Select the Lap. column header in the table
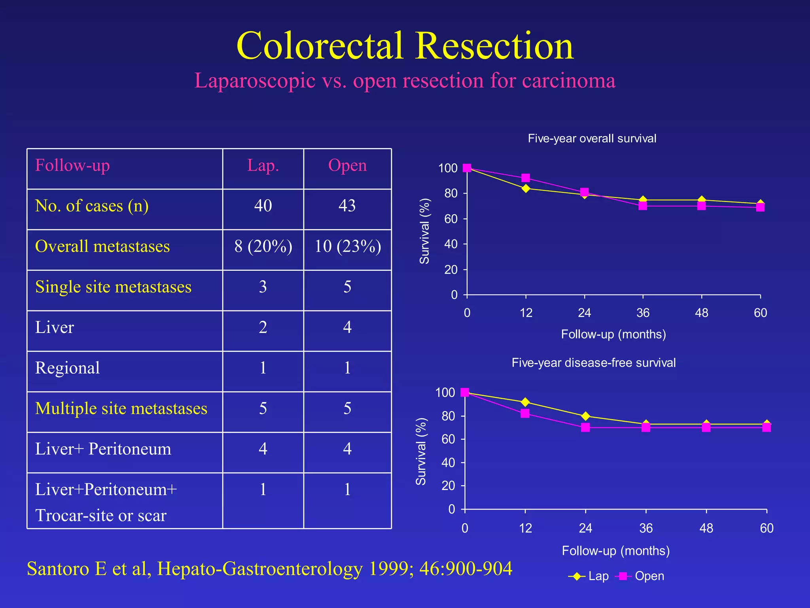pyautogui.click(x=263, y=165)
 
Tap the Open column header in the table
pyautogui.click(x=347, y=165)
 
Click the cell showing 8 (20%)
pyautogui.click(x=263, y=246)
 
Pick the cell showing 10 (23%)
pyautogui.click(x=347, y=246)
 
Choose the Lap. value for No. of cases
pyautogui.click(x=263, y=206)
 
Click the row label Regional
pyautogui.click(x=67, y=368)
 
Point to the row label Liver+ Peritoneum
pyautogui.click(x=103, y=449)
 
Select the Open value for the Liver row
pyautogui.click(x=347, y=327)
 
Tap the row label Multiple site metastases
pyautogui.click(x=121, y=408)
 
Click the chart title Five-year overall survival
pyautogui.click(x=592, y=139)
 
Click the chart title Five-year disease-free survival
pyautogui.click(x=593, y=363)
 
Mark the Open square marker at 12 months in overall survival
pyautogui.click(x=526, y=178)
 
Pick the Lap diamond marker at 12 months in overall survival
pyautogui.click(x=526, y=188)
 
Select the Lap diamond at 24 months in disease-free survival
pyautogui.click(x=585, y=416)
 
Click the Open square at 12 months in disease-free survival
pyautogui.click(x=525, y=413)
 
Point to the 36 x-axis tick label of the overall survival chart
pyautogui.click(x=643, y=313)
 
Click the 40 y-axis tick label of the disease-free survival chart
pyautogui.click(x=448, y=463)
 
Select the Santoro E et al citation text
pyautogui.click(x=269, y=569)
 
